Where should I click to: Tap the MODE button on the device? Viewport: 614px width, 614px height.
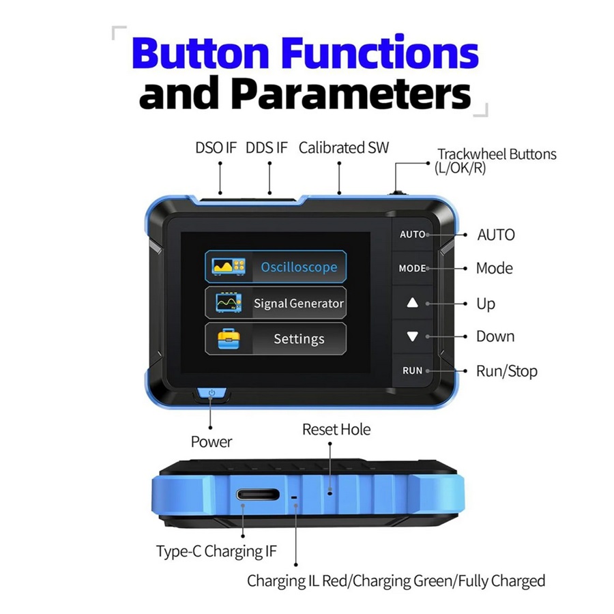tap(412, 269)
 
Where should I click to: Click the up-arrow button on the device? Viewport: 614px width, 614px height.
tap(412, 303)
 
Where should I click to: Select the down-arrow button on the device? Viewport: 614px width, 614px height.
tap(412, 336)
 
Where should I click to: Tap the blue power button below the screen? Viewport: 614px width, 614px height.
tap(212, 394)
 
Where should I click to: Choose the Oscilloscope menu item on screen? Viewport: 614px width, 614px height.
tap(276, 267)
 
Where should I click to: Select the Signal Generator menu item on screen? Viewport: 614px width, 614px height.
tap(276, 303)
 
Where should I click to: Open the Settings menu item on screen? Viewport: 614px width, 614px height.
tap(276, 338)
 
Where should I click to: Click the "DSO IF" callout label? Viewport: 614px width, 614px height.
tap(216, 147)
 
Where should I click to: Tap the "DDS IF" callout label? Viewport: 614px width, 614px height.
tap(267, 147)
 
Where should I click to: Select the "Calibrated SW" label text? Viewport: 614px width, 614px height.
tap(344, 147)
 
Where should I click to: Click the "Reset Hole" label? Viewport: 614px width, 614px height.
tap(336, 430)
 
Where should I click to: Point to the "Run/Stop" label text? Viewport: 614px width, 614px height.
tap(506, 371)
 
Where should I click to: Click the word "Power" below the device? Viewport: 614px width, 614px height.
tap(211, 442)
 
